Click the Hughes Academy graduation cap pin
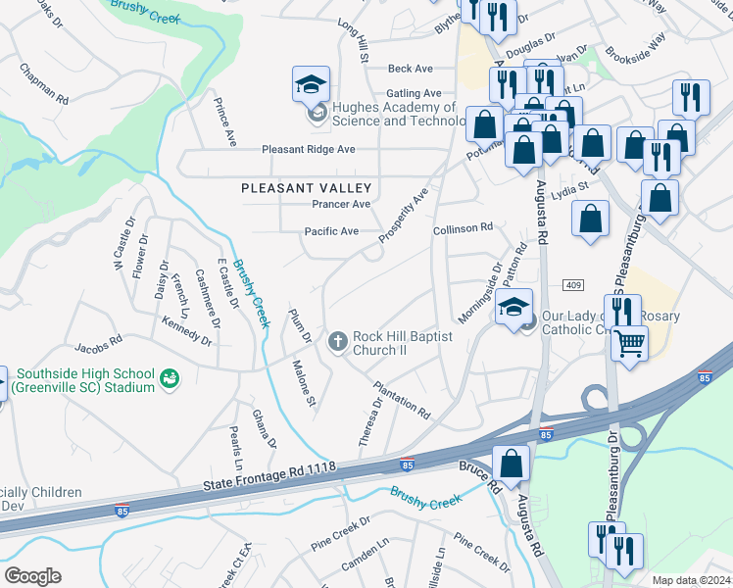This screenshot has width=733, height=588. click(311, 85)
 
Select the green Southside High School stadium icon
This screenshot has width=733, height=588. click(171, 377)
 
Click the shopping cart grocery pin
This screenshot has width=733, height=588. click(630, 343)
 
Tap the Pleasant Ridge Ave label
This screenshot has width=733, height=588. click(308, 150)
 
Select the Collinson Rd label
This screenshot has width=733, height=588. click(463, 227)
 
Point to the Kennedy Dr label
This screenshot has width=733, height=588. click(186, 330)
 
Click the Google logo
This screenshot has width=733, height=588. click(32, 575)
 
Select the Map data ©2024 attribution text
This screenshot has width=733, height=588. click(690, 580)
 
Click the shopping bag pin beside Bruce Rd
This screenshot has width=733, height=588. click(511, 463)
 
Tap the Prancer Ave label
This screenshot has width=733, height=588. click(341, 204)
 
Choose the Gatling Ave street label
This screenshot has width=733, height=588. click(415, 93)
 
